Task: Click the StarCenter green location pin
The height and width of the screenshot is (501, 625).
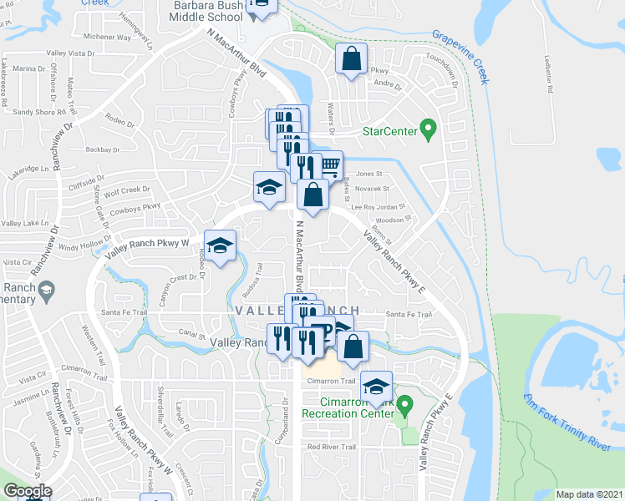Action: tap(429, 129)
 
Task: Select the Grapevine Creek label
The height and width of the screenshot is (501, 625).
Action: tap(460, 58)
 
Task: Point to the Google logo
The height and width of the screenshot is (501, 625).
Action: tap(28, 491)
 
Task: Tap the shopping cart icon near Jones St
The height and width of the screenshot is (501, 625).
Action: tap(331, 165)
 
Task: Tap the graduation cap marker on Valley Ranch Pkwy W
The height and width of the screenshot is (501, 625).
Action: tap(220, 245)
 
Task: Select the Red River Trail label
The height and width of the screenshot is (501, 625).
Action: tap(332, 448)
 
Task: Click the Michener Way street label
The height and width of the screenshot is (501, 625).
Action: tap(108, 38)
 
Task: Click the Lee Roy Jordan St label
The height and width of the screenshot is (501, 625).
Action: tap(377, 206)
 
